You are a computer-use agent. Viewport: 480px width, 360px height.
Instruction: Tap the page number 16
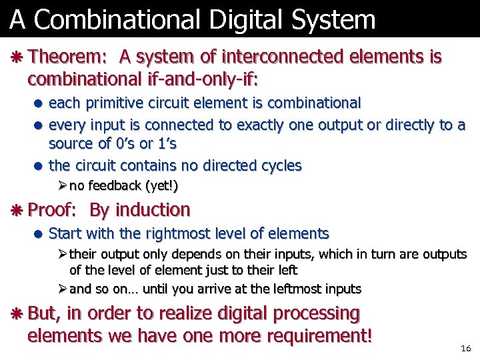(x=466, y=349)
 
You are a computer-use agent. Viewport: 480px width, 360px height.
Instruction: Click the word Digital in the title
(x=235, y=20)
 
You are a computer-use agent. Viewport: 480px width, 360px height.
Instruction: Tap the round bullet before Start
(x=39, y=235)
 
